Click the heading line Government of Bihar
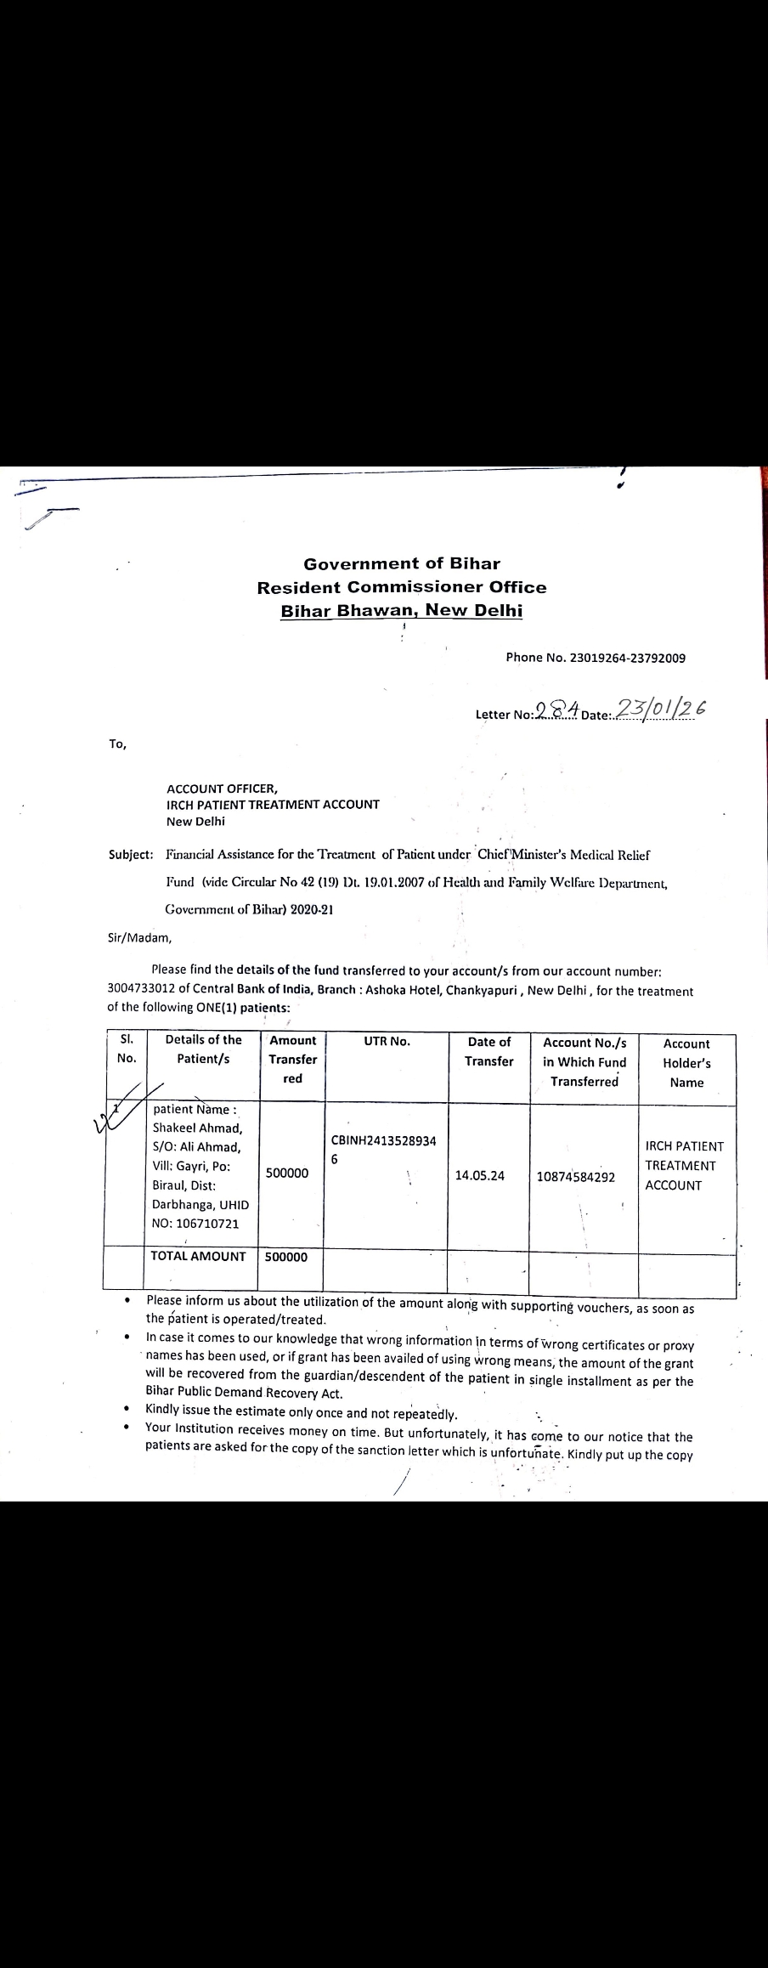(402, 563)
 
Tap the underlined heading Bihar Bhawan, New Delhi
(402, 610)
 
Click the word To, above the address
(117, 744)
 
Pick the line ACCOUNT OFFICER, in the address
(222, 788)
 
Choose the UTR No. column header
(387, 1041)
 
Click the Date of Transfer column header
(488, 1051)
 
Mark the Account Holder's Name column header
(686, 1062)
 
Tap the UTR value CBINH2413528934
(384, 1140)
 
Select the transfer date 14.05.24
(479, 1175)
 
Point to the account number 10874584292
(576, 1177)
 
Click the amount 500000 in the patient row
(287, 1173)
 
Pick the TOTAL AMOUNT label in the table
(198, 1256)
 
